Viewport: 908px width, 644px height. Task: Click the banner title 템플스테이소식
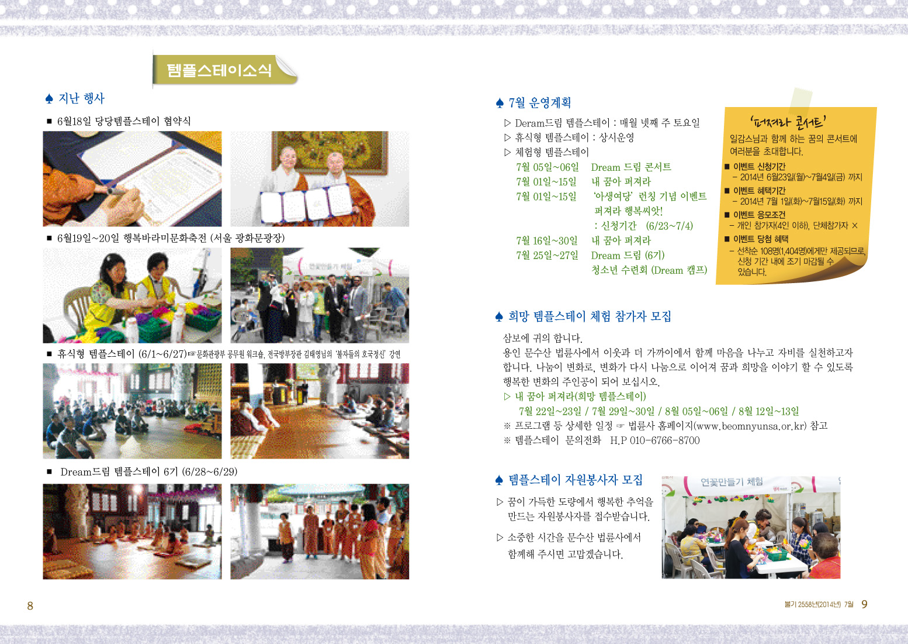(x=219, y=70)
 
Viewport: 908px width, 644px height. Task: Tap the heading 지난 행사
(x=81, y=98)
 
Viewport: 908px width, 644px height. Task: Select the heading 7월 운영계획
(x=539, y=103)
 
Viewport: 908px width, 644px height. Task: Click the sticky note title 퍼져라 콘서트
(x=788, y=122)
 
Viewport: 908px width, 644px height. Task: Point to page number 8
(x=30, y=606)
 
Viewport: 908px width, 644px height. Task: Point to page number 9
(x=864, y=605)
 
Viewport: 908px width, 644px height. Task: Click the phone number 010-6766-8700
(x=665, y=440)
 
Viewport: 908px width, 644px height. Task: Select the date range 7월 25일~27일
(x=547, y=255)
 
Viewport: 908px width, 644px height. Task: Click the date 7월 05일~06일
(x=547, y=167)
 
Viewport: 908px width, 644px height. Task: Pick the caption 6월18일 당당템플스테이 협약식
(x=124, y=121)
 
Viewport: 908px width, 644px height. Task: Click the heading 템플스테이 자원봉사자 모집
(x=575, y=480)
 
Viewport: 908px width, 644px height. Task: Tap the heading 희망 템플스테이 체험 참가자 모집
(x=590, y=316)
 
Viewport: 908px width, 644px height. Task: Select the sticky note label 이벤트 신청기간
(x=754, y=166)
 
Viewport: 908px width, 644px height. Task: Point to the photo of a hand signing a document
(x=132, y=178)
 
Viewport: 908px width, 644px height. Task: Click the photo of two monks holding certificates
(x=320, y=178)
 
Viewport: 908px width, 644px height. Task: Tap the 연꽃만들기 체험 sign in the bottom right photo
(x=732, y=481)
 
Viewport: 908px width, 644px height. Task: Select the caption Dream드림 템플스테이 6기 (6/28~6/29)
(x=149, y=472)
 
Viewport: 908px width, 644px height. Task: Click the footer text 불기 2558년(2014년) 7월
(x=819, y=605)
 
